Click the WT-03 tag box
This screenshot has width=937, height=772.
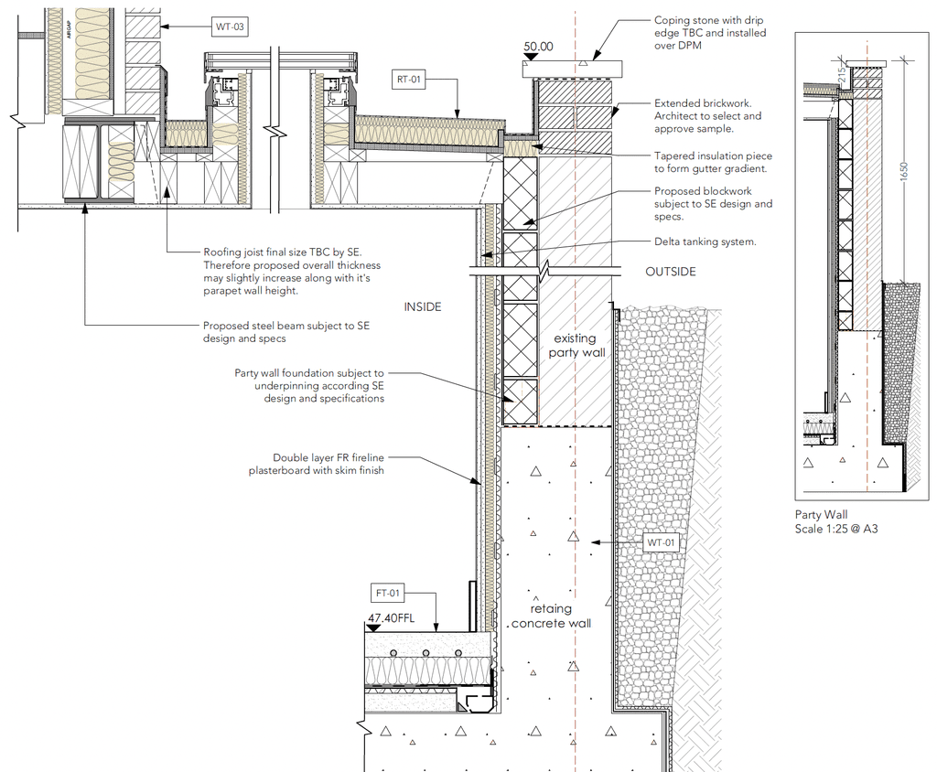pyautogui.click(x=229, y=27)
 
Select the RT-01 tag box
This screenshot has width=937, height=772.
pyautogui.click(x=409, y=79)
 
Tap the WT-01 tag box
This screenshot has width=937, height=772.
pyautogui.click(x=660, y=542)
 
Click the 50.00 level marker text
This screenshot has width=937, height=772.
pyautogui.click(x=538, y=47)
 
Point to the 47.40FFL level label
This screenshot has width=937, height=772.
pyautogui.click(x=391, y=618)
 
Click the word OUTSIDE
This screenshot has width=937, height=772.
pyautogui.click(x=671, y=272)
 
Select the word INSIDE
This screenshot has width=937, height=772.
pyautogui.click(x=423, y=307)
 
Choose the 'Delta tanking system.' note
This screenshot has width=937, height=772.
pyautogui.click(x=705, y=242)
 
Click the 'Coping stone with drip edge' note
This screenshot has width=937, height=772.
pyautogui.click(x=709, y=33)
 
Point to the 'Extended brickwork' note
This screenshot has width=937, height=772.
pyautogui.click(x=707, y=116)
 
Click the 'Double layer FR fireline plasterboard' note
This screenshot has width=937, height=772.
pyautogui.click(x=316, y=464)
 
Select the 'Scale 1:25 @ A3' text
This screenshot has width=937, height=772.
pyautogui.click(x=835, y=529)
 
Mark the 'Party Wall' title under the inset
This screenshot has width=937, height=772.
pyautogui.click(x=820, y=515)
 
